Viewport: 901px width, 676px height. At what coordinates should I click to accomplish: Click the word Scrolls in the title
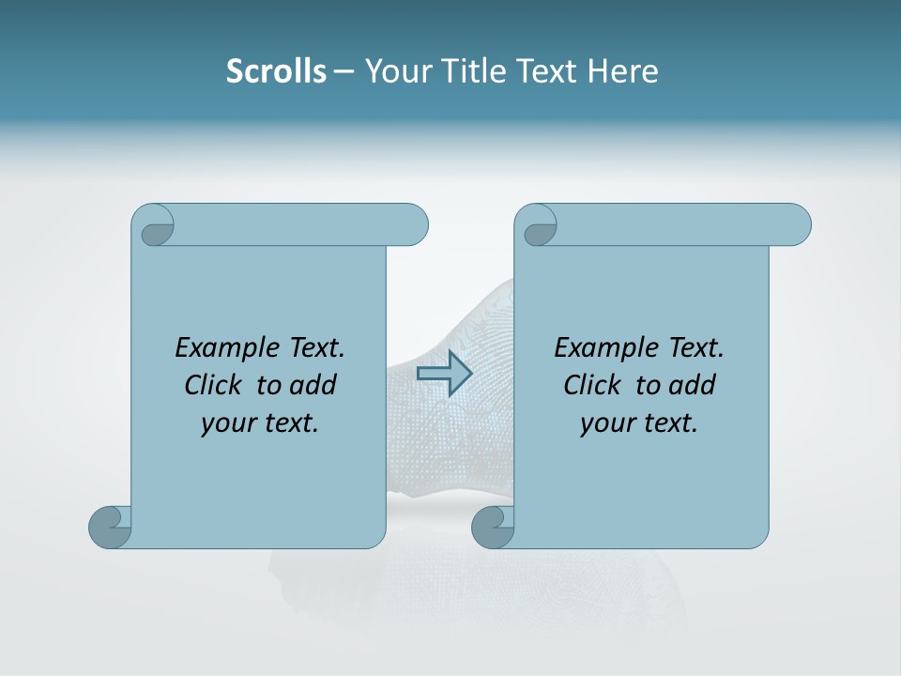276,71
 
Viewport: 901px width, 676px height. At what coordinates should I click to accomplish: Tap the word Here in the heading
622,71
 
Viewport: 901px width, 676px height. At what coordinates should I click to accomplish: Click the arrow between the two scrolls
444,374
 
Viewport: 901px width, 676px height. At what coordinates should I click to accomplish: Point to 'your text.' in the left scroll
260,423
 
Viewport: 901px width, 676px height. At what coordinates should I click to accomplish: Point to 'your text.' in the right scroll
639,423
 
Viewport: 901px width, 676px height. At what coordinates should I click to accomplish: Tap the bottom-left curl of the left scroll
109,526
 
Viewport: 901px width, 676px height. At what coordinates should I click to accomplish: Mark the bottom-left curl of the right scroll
492,526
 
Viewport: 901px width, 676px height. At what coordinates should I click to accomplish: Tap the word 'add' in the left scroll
313,385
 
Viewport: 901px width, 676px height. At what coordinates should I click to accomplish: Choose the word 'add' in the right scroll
693,385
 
